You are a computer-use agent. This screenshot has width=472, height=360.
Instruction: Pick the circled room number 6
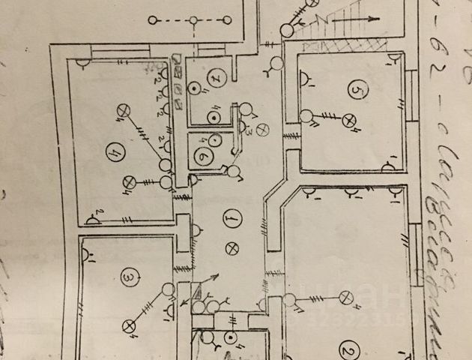click(x=203, y=157)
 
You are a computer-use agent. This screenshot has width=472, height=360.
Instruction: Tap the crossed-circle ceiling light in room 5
click(x=347, y=120)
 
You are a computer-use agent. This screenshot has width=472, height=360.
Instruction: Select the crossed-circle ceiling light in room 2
click(x=346, y=298)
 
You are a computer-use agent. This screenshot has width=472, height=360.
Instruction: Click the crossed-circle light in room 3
click(x=130, y=325)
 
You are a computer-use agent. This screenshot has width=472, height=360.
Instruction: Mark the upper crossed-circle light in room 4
click(x=121, y=112)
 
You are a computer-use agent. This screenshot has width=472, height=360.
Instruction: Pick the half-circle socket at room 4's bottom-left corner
click(x=94, y=219)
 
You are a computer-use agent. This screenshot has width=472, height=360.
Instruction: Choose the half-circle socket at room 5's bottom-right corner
click(x=389, y=165)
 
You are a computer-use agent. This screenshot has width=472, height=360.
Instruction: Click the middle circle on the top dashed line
click(x=193, y=20)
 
